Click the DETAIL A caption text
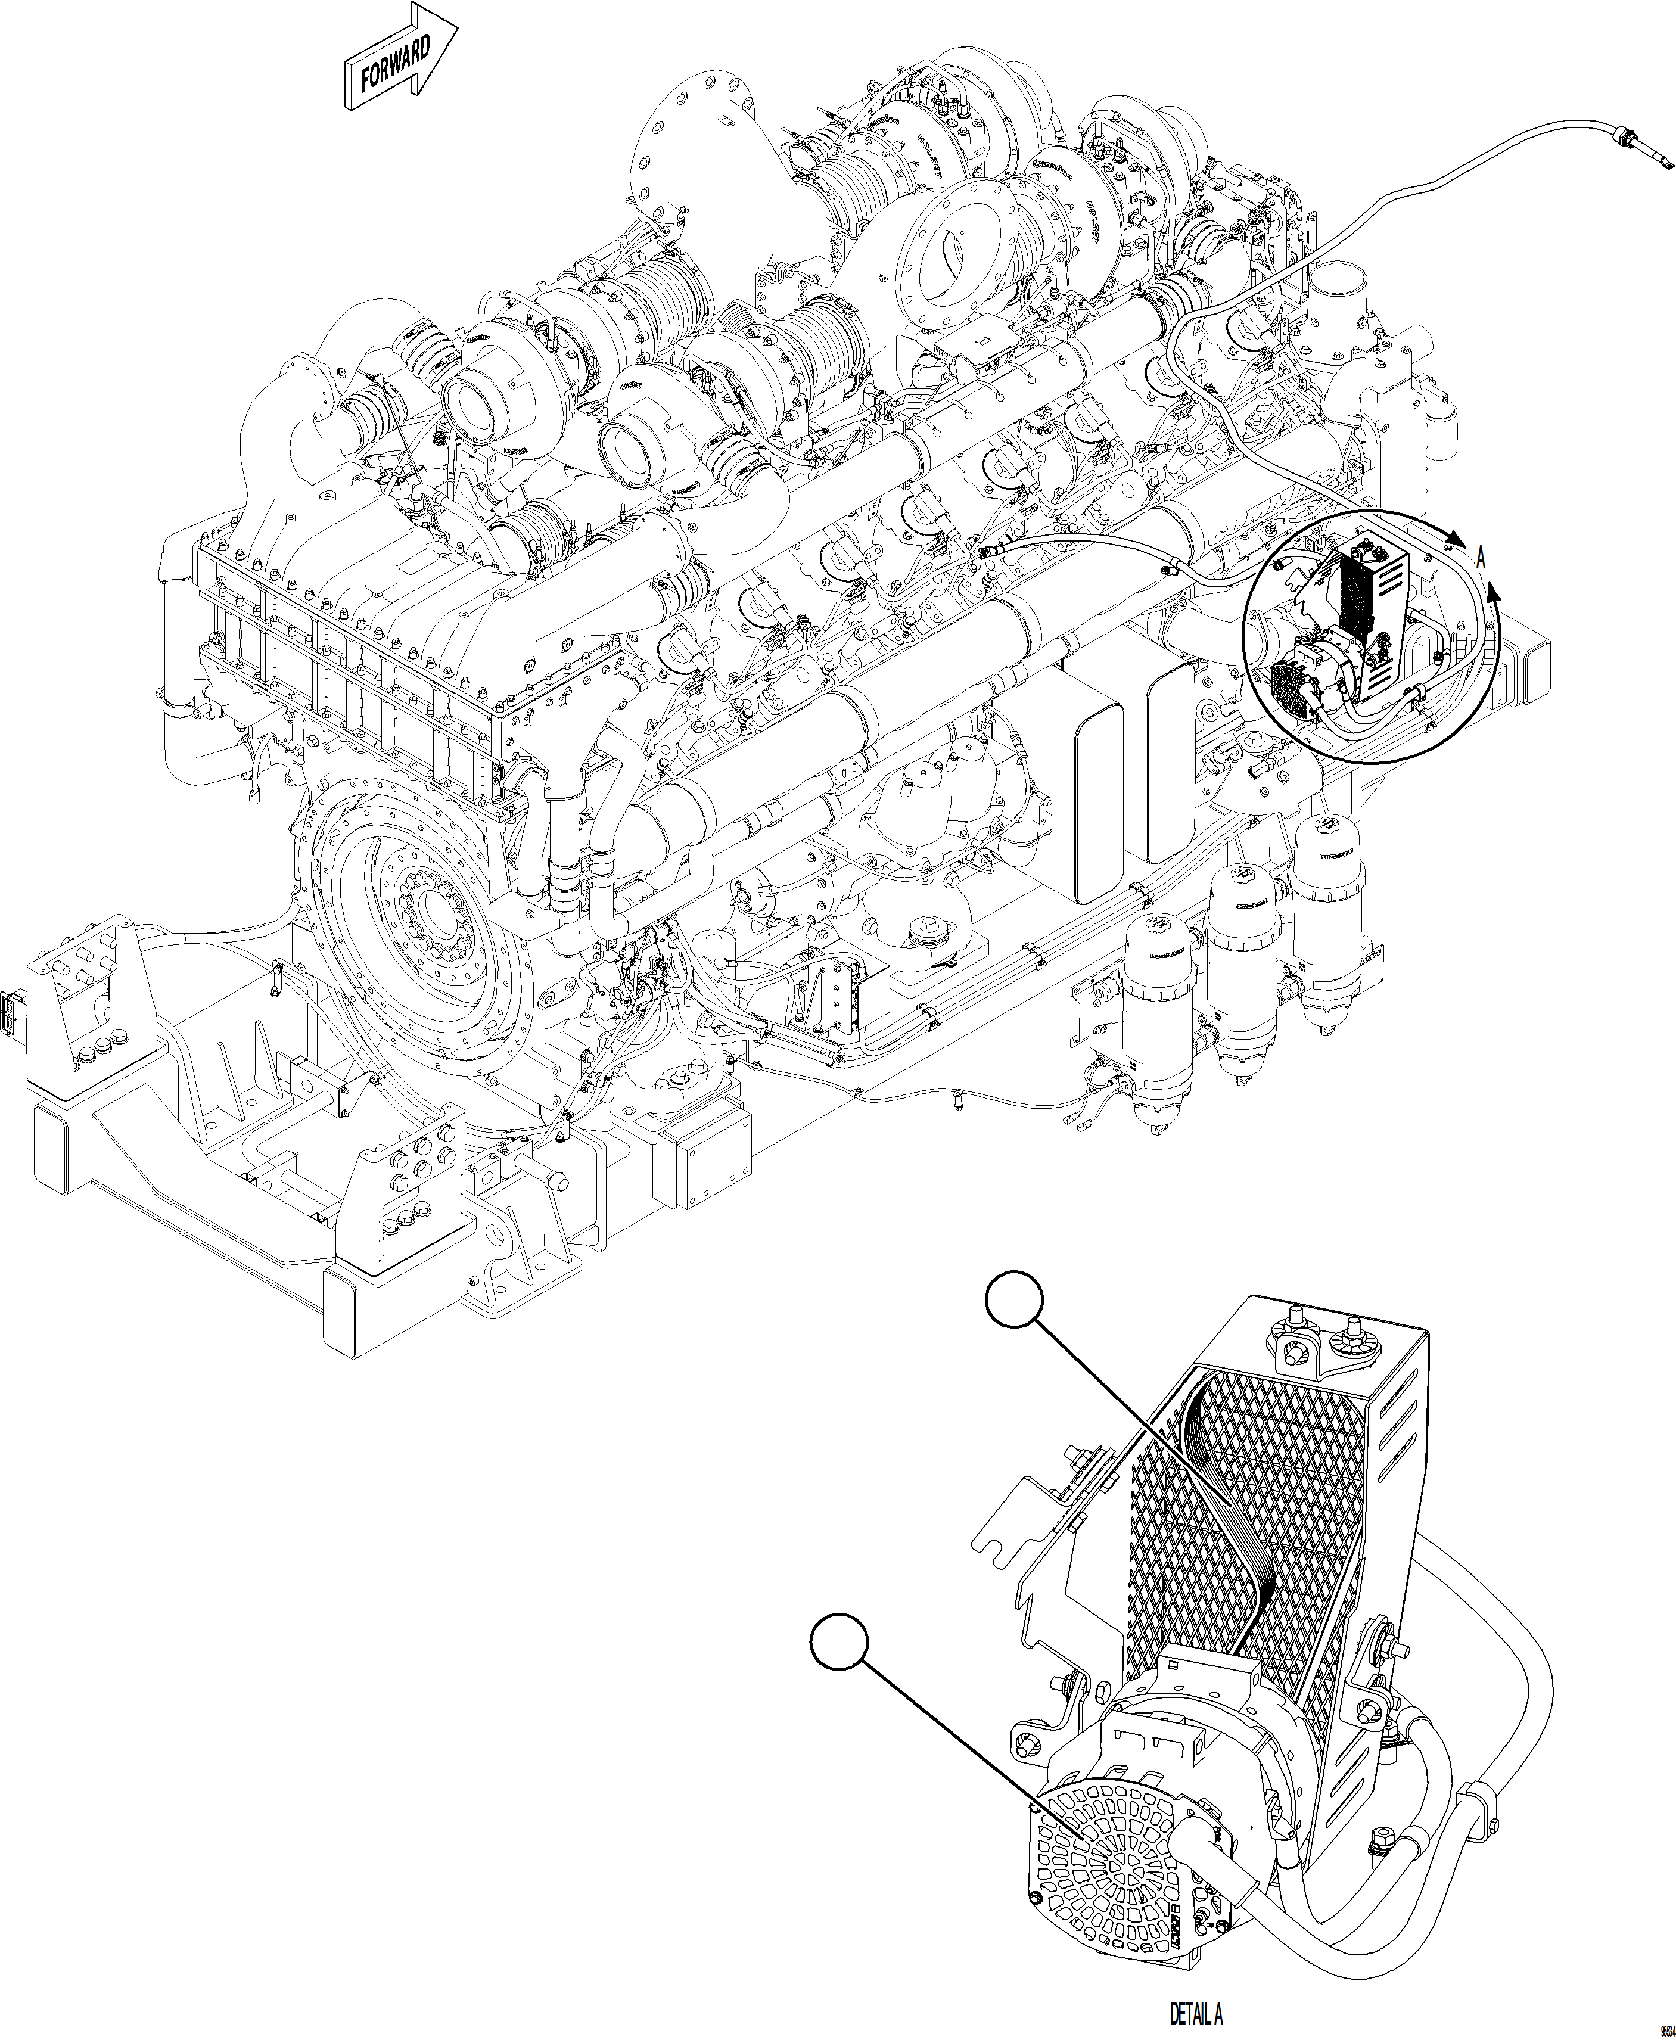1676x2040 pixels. point(1196,2008)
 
